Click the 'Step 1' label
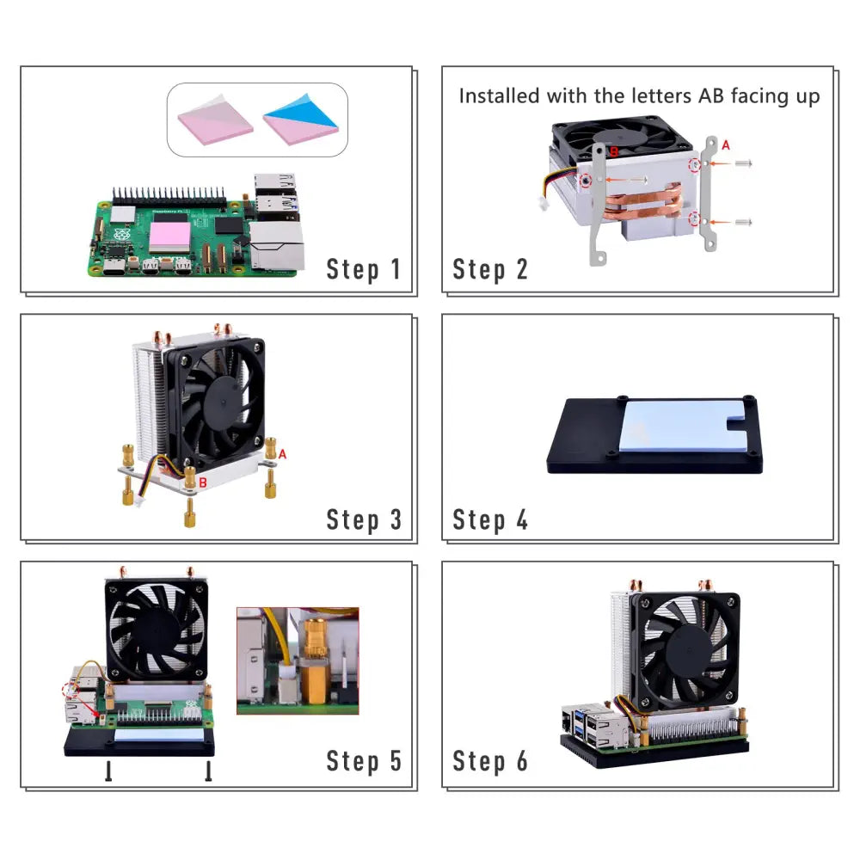[363, 270]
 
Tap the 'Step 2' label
[490, 270]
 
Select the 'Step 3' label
[364, 519]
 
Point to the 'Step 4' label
[490, 519]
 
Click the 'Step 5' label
[364, 761]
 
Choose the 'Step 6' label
[490, 761]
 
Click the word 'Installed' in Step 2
[499, 96]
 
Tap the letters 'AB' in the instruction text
[711, 96]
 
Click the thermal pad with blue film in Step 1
[301, 119]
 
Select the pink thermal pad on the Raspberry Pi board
[170, 237]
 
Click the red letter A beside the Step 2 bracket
[726, 145]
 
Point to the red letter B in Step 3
[203, 482]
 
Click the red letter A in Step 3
[282, 454]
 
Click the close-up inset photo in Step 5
[298, 660]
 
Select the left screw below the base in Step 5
[108, 771]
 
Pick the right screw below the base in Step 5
[208, 771]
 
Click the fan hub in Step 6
[690, 651]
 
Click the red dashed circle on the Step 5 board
[71, 690]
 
